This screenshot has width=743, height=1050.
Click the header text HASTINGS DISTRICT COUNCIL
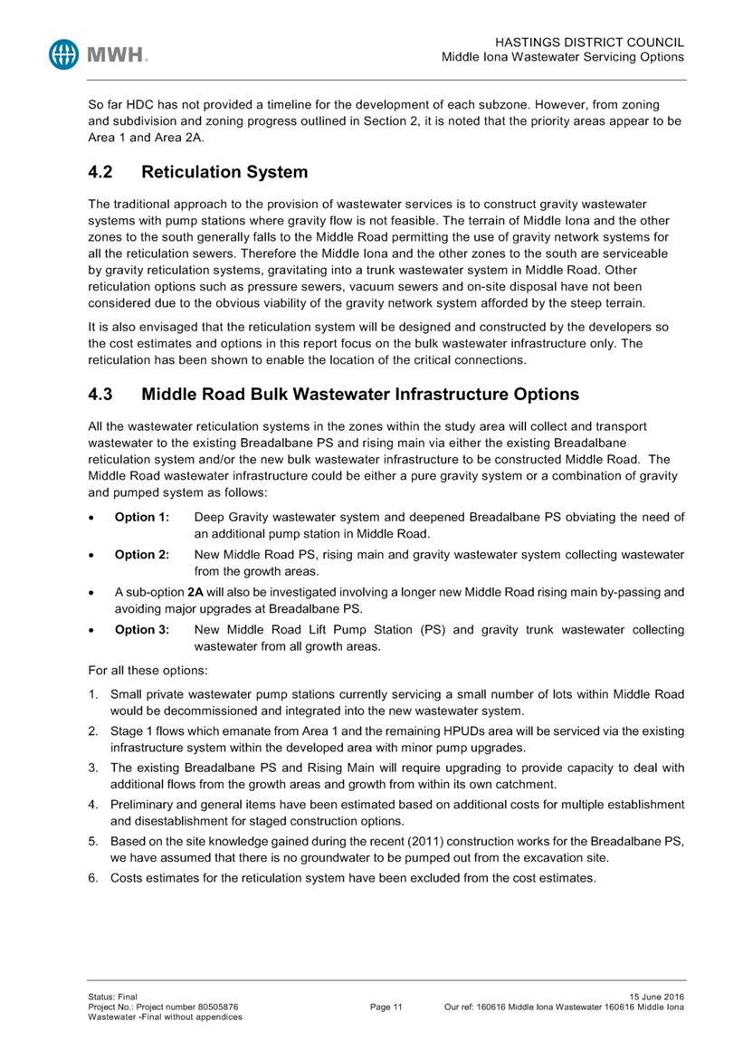(x=590, y=43)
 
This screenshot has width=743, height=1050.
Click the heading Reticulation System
(x=224, y=172)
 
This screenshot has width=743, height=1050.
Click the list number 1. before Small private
(x=93, y=694)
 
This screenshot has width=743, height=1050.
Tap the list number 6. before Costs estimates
(x=93, y=878)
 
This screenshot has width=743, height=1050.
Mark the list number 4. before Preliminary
(x=93, y=805)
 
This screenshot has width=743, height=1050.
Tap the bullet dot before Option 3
(x=93, y=630)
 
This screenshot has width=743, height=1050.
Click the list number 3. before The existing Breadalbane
(x=93, y=768)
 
